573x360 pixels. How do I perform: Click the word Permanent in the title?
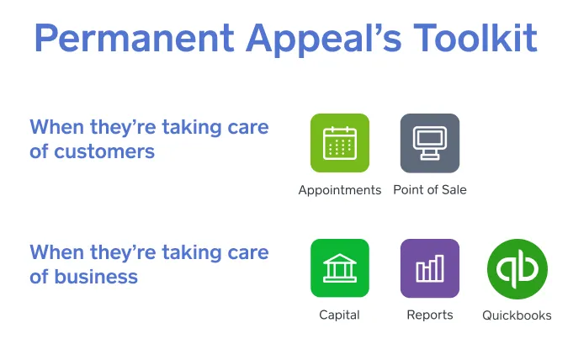tap(134, 39)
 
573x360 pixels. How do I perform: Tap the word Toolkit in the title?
tap(475, 38)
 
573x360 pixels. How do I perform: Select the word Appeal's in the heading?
tap(324, 40)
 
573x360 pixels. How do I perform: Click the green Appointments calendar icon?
tap(340, 143)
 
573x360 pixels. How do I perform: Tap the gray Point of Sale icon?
tap(430, 143)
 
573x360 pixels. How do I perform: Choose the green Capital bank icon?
tap(340, 268)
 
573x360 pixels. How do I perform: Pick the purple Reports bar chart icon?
tap(430, 268)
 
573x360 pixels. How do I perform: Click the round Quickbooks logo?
tap(517, 269)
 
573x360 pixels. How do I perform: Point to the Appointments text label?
tap(340, 190)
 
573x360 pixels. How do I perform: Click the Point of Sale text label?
tap(430, 190)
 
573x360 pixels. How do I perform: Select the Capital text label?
tap(339, 315)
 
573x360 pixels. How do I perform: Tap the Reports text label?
tap(430, 315)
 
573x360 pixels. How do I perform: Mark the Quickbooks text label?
tap(517, 315)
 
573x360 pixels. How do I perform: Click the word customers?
tap(104, 151)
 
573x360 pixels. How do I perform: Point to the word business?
tap(96, 276)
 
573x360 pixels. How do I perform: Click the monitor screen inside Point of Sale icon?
tap(430, 138)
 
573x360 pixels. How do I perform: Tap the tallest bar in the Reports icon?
tap(440, 268)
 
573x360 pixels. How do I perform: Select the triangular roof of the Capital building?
tap(340, 259)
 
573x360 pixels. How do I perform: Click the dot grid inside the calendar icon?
tap(340, 147)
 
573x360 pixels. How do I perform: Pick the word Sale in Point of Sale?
tap(454, 190)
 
